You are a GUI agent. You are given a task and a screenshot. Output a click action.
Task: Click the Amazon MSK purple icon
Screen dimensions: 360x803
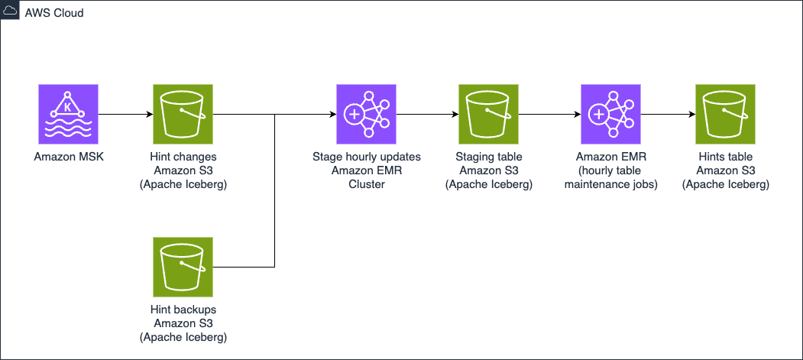[68, 114]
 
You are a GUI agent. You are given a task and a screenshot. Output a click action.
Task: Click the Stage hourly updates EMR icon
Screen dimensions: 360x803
[367, 114]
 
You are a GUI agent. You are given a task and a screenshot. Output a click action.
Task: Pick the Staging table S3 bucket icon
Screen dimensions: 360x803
[489, 114]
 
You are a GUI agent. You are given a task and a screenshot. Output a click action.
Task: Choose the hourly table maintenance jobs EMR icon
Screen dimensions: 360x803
[611, 114]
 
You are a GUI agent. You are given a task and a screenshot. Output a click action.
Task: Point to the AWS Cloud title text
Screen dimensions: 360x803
[54, 14]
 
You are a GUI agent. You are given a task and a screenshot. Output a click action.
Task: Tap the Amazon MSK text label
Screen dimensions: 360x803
[68, 157]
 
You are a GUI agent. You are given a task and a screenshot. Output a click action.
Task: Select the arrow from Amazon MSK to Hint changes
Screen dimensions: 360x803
[125, 115]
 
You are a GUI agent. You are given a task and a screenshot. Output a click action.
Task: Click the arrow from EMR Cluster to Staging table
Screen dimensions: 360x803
[427, 115]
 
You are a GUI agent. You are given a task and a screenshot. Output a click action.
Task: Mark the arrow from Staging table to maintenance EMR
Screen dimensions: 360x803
[549, 115]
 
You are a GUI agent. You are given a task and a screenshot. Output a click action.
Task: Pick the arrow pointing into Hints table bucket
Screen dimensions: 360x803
[668, 115]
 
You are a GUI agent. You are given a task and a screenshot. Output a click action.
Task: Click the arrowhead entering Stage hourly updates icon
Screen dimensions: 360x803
[332, 115]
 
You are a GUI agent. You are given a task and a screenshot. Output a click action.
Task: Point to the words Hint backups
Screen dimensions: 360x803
[183, 310]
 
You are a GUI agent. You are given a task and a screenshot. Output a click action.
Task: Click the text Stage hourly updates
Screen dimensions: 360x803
[367, 157]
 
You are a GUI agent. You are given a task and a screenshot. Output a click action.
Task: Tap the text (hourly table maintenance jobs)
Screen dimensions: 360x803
[611, 177]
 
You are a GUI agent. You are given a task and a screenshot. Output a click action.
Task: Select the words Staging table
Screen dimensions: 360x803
[489, 157]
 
